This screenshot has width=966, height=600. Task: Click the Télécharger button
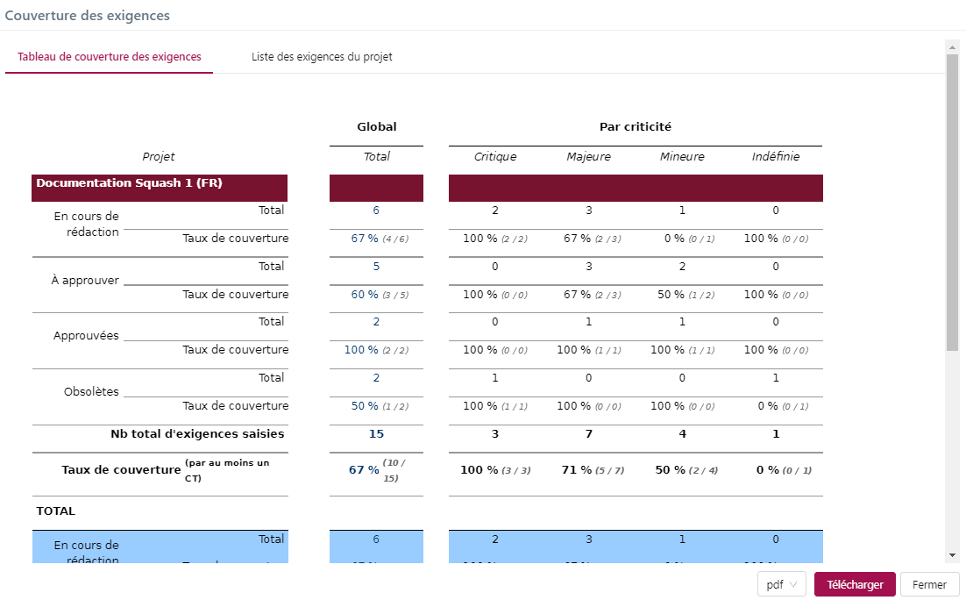click(x=855, y=585)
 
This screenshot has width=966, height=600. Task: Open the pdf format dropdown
click(x=781, y=585)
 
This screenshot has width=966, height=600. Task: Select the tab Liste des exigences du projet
click(x=322, y=57)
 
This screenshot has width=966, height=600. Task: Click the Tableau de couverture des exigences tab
click(x=110, y=57)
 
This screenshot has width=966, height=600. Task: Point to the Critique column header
click(x=495, y=157)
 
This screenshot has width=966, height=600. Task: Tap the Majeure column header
click(x=588, y=157)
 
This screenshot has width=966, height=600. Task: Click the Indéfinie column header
click(x=776, y=157)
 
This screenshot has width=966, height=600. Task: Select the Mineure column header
click(x=682, y=157)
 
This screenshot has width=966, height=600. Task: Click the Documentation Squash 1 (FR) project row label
click(x=129, y=183)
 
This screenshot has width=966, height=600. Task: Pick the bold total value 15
click(x=376, y=433)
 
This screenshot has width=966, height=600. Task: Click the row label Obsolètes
click(x=91, y=392)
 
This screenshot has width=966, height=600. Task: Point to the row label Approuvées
click(x=86, y=336)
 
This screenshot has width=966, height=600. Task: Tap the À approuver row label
click(x=86, y=281)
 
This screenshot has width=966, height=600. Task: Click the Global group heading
click(x=377, y=127)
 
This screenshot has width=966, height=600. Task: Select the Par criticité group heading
click(x=636, y=127)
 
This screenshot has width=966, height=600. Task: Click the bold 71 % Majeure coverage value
click(x=576, y=470)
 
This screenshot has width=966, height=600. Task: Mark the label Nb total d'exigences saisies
click(x=197, y=433)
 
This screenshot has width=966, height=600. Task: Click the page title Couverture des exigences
click(x=88, y=16)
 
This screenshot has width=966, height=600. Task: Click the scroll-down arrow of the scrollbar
click(x=952, y=555)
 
